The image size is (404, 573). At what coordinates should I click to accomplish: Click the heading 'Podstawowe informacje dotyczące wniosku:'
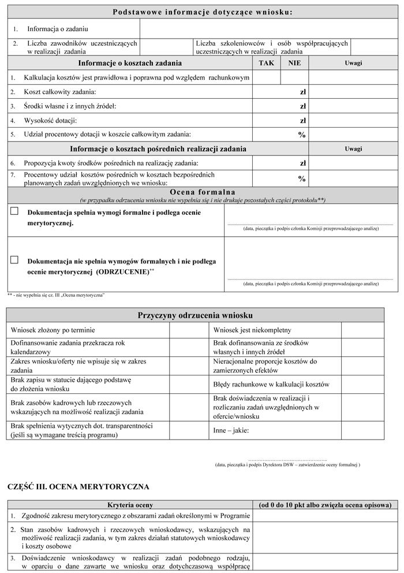tap(202, 12)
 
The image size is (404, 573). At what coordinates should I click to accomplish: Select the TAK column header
tap(267, 63)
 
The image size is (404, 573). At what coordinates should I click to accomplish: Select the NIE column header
tap(294, 63)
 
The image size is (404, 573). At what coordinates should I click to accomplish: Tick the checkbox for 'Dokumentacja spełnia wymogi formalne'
tap(14, 211)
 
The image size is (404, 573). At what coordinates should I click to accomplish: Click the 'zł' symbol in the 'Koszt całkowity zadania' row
tap(302, 92)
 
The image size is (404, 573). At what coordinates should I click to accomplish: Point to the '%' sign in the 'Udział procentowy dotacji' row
tap(301, 135)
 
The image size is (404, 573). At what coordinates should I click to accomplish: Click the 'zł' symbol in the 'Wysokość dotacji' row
tap(302, 121)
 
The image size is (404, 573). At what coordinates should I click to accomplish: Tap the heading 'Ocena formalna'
tap(202, 192)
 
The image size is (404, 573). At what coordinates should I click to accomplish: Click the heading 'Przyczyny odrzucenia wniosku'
tap(195, 315)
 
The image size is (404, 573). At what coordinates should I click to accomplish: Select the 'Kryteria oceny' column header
tap(130, 504)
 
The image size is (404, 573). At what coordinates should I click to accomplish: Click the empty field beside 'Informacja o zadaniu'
tap(268, 28)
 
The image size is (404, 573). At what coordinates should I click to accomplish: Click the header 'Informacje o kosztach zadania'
tap(130, 63)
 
